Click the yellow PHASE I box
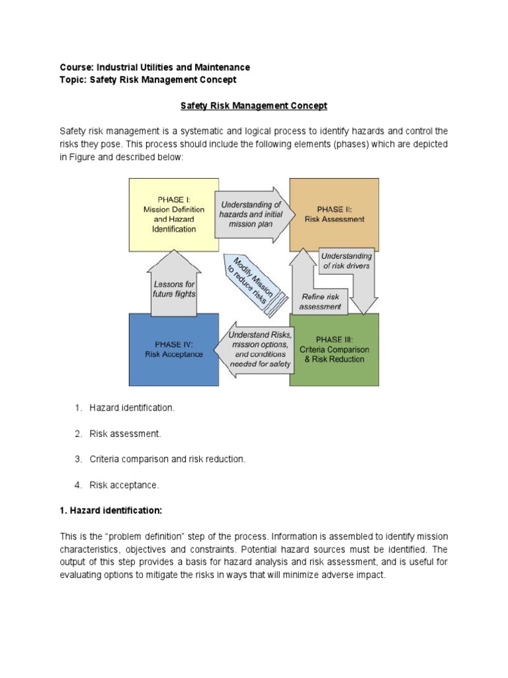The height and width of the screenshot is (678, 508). (x=173, y=215)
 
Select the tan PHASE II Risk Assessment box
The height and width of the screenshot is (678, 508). (x=334, y=214)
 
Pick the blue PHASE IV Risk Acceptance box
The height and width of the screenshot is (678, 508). (x=173, y=349)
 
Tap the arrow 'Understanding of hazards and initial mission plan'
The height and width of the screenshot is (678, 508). (x=251, y=215)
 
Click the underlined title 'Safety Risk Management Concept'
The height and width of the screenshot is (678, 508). (x=254, y=106)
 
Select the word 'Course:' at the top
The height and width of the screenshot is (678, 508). (x=77, y=68)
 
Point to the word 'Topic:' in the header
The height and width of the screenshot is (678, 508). (x=73, y=79)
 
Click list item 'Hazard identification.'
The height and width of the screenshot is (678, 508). (x=132, y=408)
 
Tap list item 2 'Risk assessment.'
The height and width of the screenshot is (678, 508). (x=125, y=434)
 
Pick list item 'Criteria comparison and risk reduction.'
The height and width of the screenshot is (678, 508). (x=167, y=460)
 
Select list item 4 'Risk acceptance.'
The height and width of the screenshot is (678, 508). (x=124, y=485)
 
